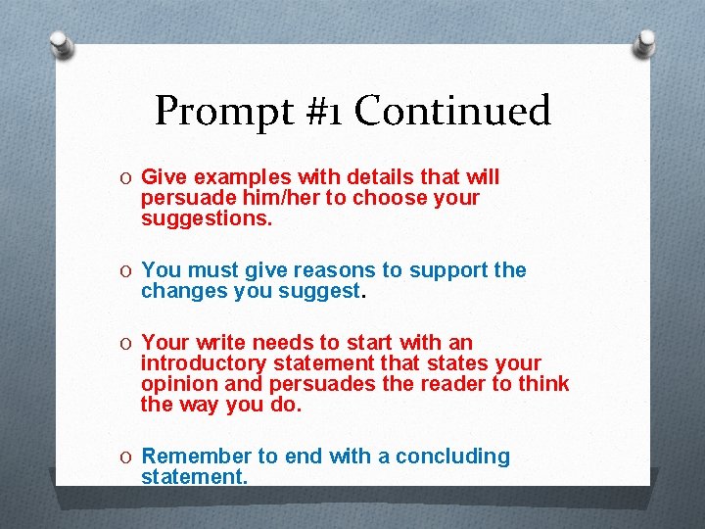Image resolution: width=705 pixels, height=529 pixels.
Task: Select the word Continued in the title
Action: [x=451, y=111]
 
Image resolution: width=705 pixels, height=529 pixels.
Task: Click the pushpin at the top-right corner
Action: [x=646, y=41]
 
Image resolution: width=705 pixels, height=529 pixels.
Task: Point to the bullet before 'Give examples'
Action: [x=127, y=177]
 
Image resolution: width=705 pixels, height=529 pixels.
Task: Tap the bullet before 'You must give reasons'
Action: [x=127, y=270]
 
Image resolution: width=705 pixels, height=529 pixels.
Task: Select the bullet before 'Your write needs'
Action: [x=127, y=343]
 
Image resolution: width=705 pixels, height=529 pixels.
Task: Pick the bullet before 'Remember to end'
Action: [x=127, y=457]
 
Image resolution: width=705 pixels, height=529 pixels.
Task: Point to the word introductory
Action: [x=202, y=363]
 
